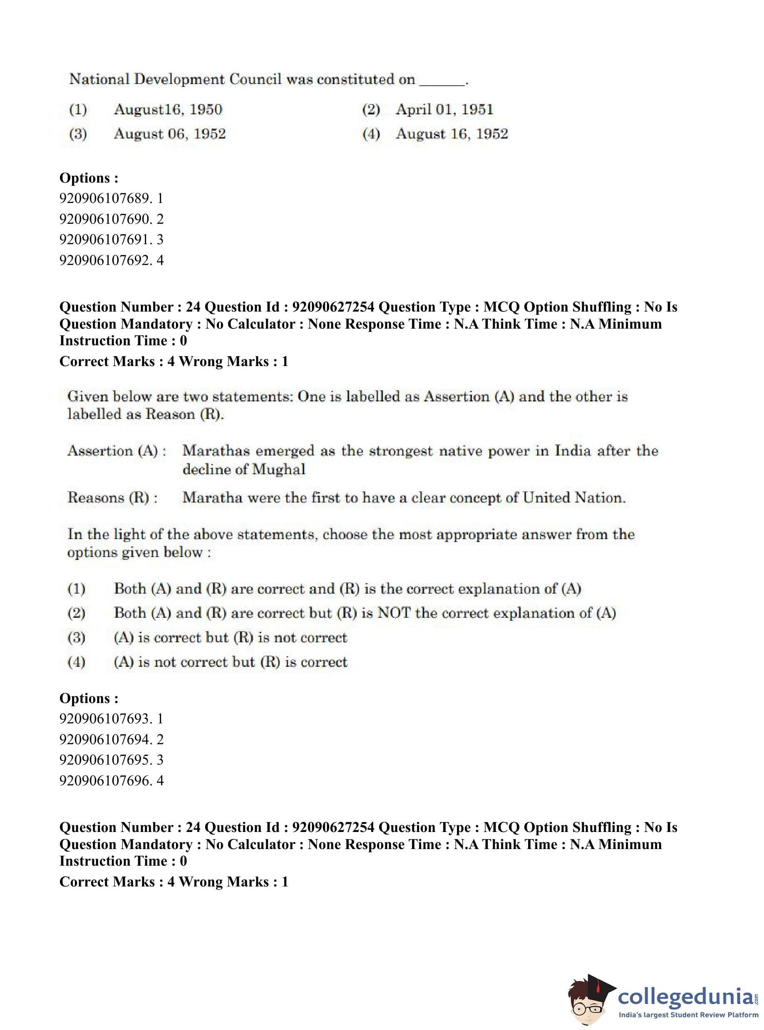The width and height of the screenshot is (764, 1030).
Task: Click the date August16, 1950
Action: coord(168,109)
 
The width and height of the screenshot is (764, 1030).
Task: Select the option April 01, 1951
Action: coord(444,109)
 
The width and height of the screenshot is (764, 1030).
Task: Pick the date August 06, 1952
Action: coord(170,134)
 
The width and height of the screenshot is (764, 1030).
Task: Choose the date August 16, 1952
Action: coord(452,134)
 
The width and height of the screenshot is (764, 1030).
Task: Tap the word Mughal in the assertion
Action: coord(279,470)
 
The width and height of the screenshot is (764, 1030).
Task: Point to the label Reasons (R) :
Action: coord(112,498)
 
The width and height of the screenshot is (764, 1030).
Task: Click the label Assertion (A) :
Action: coord(117,451)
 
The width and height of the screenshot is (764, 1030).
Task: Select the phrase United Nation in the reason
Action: coord(574,498)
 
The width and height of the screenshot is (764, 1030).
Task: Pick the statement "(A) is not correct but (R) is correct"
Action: coord(230,662)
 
